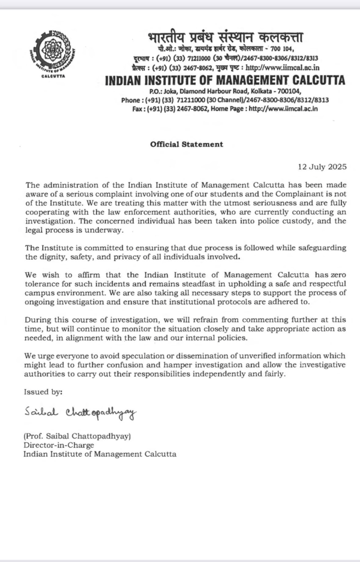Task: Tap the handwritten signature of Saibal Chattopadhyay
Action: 80,412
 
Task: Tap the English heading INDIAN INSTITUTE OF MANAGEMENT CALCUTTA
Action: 225,81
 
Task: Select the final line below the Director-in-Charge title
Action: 100,454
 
